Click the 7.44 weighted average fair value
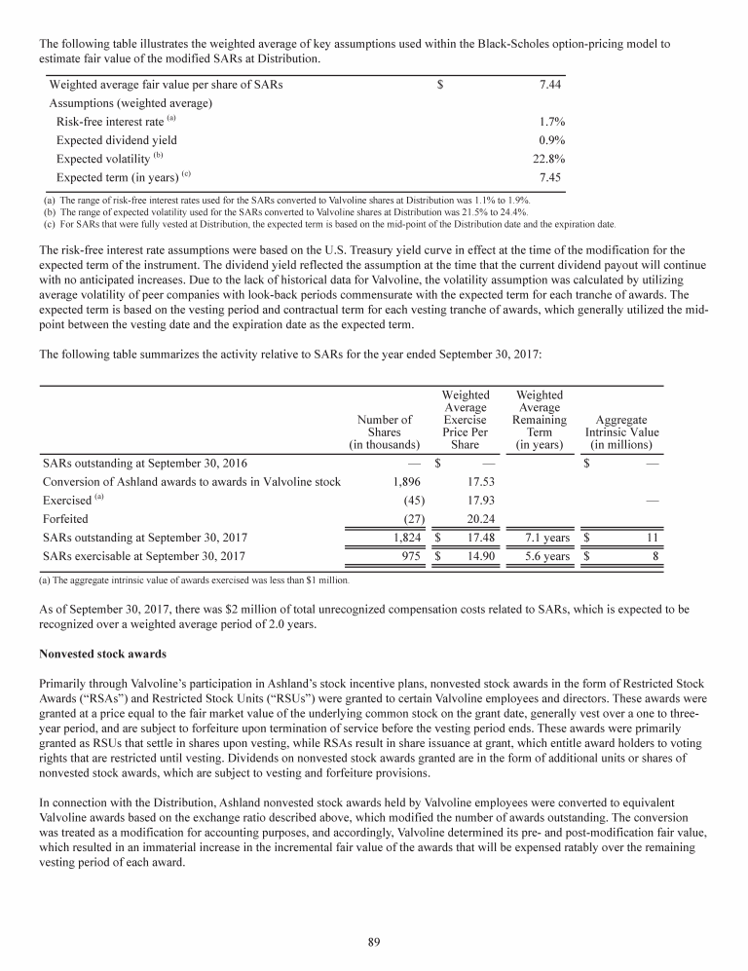pos(551,85)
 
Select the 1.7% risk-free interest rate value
pos(552,122)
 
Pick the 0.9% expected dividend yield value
pos(552,140)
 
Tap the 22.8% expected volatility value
pos(550,159)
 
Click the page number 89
pos(374,940)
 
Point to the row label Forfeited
pos(65,518)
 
